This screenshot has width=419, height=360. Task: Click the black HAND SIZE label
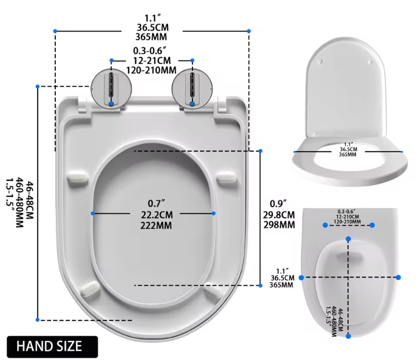click(52, 346)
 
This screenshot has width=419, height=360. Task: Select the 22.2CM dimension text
click(153, 214)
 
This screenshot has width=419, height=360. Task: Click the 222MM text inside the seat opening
click(153, 224)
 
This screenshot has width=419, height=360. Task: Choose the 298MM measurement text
click(280, 224)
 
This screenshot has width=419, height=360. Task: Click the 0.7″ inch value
click(153, 203)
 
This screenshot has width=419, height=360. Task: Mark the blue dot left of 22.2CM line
click(93, 213)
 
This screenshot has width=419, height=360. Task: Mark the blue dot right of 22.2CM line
click(214, 213)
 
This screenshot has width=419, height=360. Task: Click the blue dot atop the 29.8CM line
click(260, 151)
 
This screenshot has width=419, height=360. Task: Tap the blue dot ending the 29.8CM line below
click(260, 286)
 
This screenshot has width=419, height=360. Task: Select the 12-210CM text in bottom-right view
click(348, 217)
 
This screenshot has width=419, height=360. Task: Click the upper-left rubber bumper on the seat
click(78, 177)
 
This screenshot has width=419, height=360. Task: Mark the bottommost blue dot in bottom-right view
click(348, 336)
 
